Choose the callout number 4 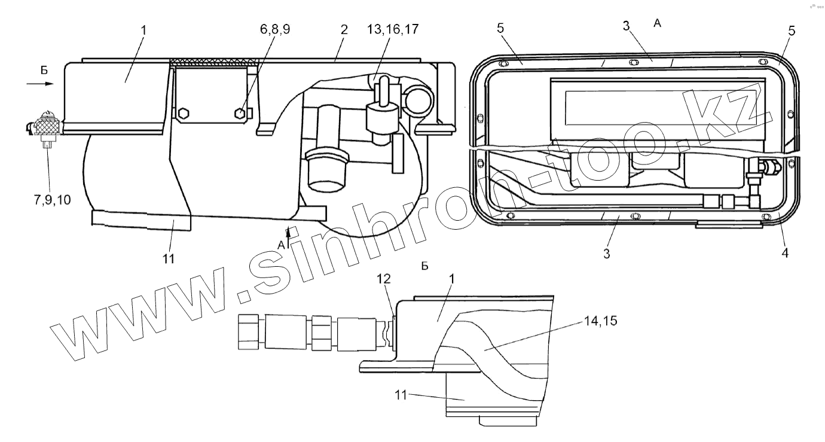tap(784, 253)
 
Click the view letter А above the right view tap(658, 23)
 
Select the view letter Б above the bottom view tap(425, 266)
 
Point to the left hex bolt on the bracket tap(182, 112)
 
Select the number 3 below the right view tap(607, 254)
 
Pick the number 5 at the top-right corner tap(791, 31)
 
